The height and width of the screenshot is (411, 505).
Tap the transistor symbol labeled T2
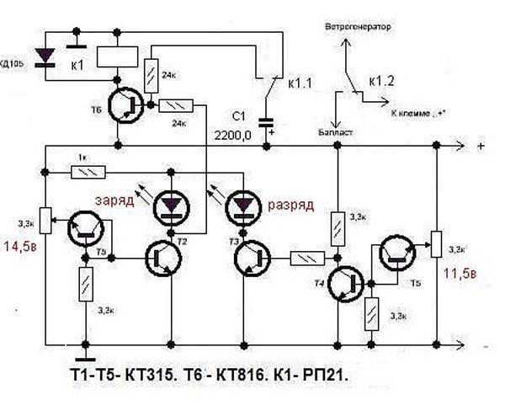pyautogui.click(x=162, y=258)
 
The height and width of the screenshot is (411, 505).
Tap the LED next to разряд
pyautogui.click(x=244, y=203)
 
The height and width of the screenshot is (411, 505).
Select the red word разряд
pyautogui.click(x=292, y=205)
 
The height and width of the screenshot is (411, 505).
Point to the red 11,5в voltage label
pyautogui.click(x=459, y=275)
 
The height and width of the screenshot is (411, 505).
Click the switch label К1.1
pyautogui.click(x=300, y=84)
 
